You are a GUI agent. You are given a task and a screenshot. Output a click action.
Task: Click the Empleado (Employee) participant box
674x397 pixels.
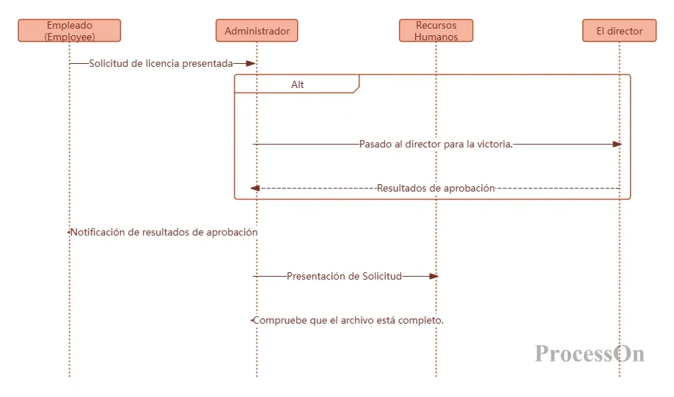[x=70, y=31]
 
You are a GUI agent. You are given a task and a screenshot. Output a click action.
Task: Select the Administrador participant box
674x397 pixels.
[x=257, y=31]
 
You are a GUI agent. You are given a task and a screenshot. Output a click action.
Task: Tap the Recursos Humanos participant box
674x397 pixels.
[x=436, y=31]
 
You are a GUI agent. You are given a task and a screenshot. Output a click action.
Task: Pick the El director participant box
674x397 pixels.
[x=619, y=31]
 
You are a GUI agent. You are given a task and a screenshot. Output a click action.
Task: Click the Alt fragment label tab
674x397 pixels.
[x=297, y=84]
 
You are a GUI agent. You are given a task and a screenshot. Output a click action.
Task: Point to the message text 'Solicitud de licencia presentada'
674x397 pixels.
[x=161, y=63]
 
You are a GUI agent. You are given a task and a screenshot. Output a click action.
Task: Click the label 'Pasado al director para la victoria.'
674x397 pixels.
[x=436, y=144]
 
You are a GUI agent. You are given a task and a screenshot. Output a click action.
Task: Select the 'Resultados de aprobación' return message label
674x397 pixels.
[x=436, y=188]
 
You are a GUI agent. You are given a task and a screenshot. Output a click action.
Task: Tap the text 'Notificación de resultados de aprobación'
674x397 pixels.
[x=164, y=232]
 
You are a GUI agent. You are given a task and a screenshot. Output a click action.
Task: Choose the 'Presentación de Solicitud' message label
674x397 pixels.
[x=344, y=276]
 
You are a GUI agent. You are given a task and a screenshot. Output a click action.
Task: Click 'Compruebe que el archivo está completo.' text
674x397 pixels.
[x=348, y=320]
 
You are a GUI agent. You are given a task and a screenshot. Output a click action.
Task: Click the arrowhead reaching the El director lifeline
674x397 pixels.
[x=617, y=144]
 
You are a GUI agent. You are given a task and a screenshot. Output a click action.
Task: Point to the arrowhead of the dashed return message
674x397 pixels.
[x=255, y=188]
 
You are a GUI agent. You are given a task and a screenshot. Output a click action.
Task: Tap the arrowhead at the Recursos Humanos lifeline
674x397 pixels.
[x=433, y=276]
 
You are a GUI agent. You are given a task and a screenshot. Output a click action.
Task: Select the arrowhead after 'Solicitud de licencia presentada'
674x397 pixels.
[x=250, y=63]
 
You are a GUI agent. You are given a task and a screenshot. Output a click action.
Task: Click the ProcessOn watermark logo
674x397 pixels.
[x=590, y=354]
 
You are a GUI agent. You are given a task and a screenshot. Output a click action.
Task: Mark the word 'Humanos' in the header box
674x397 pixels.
[x=436, y=37]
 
